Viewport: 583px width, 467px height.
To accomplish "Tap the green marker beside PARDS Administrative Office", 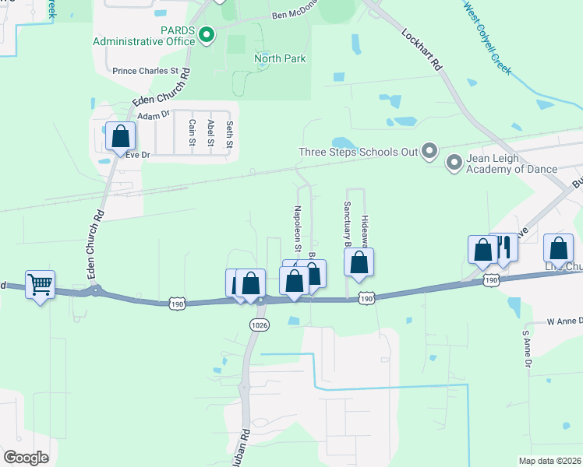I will click(x=207, y=33).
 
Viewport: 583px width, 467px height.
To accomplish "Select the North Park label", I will click(x=280, y=58).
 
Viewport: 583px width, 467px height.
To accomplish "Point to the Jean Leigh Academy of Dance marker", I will click(x=454, y=163).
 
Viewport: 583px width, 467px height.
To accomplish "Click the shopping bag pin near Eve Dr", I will click(x=121, y=137).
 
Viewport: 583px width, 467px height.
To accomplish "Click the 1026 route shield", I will click(x=260, y=325).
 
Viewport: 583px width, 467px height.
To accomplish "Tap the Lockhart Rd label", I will click(x=422, y=51).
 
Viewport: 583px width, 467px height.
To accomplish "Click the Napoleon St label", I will click(x=297, y=228).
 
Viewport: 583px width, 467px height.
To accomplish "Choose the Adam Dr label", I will click(x=153, y=116).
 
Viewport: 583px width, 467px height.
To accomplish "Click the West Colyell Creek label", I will click(x=488, y=37).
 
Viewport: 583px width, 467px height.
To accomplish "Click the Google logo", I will click(x=26, y=457).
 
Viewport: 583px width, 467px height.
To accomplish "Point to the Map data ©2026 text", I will click(x=549, y=461).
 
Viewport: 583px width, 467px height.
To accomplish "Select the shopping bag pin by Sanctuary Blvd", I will click(x=359, y=262).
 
